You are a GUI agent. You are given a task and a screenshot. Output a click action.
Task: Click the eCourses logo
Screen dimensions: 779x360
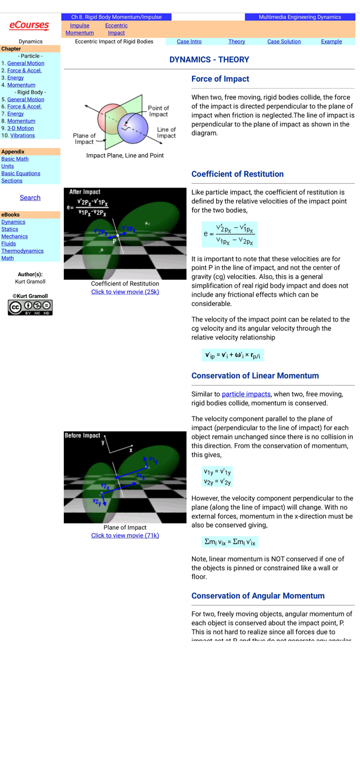29,25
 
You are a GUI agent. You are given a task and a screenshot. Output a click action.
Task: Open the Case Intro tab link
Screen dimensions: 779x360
189,42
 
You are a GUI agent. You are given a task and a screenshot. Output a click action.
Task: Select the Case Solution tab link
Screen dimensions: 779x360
284,42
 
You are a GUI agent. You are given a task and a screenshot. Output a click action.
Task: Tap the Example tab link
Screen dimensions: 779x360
331,42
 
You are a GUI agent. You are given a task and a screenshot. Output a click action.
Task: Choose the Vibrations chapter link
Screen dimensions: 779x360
22,136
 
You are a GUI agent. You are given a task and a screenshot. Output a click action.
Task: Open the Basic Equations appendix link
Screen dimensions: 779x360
21,173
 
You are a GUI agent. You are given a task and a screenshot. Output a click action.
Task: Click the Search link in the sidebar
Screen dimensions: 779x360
30,198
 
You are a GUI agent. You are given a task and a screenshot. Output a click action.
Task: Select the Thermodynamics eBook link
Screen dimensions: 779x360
22,251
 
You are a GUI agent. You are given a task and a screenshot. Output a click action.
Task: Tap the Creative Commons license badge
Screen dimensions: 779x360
30,307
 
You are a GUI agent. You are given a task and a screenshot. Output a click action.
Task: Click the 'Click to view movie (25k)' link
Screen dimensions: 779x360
125,292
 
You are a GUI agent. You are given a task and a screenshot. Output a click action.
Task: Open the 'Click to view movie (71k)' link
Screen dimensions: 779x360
125,535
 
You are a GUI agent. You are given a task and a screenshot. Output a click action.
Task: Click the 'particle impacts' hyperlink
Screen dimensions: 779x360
246,394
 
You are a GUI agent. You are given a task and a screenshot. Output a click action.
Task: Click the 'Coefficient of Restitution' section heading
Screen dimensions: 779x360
237,174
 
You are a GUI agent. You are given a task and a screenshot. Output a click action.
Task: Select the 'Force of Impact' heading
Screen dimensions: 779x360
220,79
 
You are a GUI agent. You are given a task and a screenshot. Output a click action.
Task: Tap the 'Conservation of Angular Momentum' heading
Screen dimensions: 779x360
258,596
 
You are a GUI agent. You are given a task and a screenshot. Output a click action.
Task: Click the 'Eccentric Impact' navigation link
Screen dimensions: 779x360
116,29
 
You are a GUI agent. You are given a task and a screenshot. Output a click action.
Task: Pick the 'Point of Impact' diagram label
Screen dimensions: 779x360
158,111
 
